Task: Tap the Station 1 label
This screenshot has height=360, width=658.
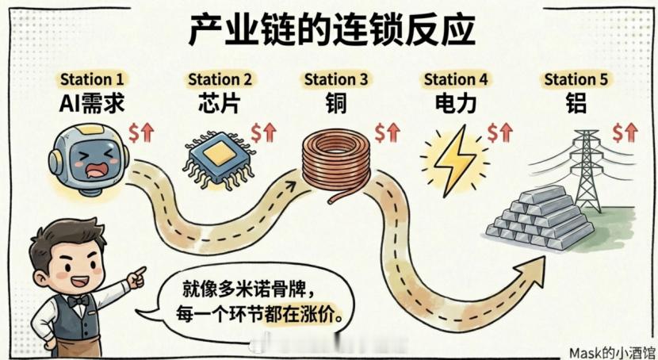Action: tap(92, 79)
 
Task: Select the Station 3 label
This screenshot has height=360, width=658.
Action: tap(336, 79)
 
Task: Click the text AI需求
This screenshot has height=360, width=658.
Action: tap(93, 103)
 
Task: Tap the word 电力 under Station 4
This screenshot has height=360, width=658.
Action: tap(455, 103)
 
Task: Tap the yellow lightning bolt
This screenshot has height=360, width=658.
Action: tap(453, 158)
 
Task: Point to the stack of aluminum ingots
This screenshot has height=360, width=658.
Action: tap(539, 219)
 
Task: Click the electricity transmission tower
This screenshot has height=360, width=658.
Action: tap(587, 170)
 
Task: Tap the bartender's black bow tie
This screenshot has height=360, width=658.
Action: tap(78, 301)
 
